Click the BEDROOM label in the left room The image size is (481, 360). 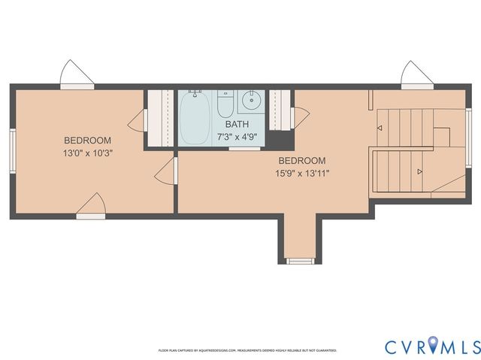click(x=87, y=141)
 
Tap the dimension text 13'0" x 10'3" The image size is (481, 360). click(x=87, y=153)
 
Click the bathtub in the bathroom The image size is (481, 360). click(x=195, y=119)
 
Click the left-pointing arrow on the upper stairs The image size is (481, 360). click(x=380, y=129)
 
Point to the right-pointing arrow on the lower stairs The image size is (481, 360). click(x=419, y=172)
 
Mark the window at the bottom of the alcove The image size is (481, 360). click(x=301, y=261)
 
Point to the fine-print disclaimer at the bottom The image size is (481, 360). click(x=247, y=350)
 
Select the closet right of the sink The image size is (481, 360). click(x=280, y=110)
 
